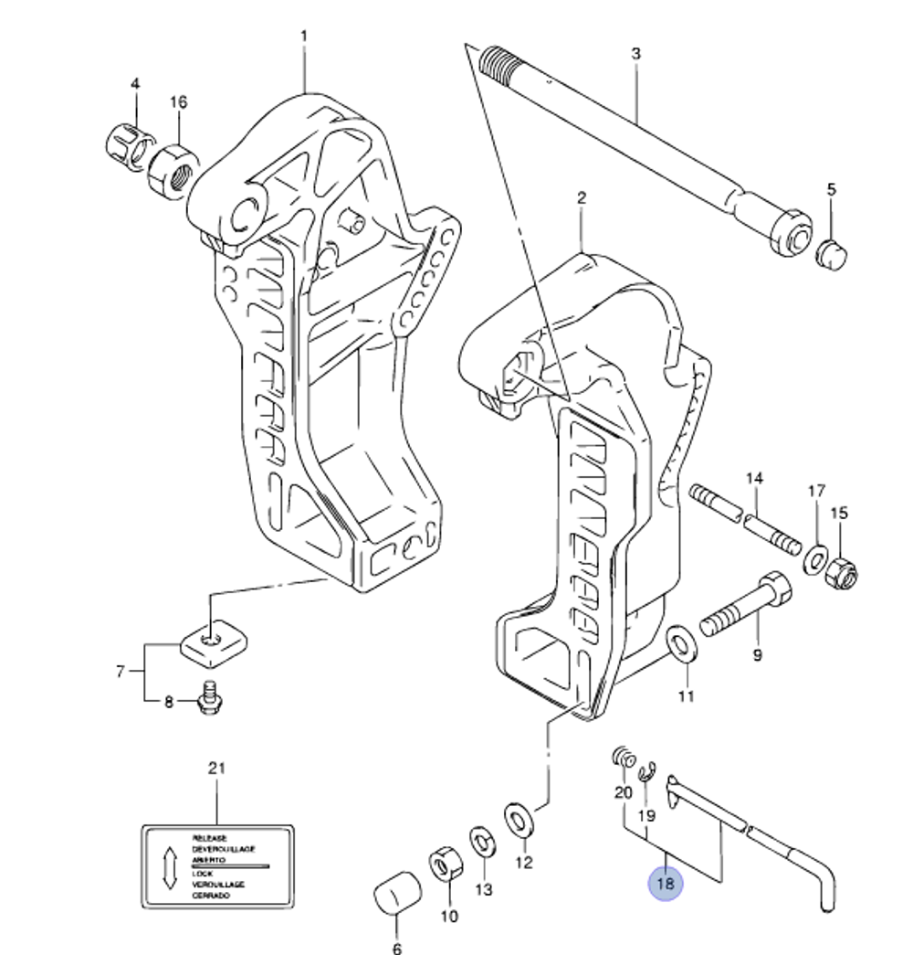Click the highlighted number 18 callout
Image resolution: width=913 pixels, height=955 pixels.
665,884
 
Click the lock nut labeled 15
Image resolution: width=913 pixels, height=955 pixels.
840,573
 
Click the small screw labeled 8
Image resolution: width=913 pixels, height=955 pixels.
212,697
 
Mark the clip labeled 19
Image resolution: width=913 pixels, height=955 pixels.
646,773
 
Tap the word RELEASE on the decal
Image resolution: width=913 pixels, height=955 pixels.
209,838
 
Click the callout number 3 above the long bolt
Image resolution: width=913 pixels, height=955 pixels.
635,54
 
